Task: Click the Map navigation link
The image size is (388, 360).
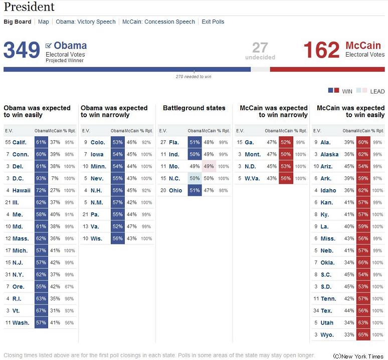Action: point(43,22)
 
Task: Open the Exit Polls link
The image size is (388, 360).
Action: point(213,22)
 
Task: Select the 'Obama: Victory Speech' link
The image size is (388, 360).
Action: point(86,22)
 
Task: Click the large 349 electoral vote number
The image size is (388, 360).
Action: point(22,50)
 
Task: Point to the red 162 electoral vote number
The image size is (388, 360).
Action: point(321,50)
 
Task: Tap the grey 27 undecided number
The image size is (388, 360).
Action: point(260,48)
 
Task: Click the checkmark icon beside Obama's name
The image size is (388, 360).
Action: point(49,46)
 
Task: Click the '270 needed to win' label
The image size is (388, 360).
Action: point(193,77)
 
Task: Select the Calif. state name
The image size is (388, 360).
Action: point(20,142)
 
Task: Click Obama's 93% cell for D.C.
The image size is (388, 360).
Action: point(41,178)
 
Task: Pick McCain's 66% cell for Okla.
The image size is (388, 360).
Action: point(363,262)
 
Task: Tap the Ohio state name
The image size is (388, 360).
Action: point(175,190)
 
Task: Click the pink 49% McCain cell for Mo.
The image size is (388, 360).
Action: point(209,166)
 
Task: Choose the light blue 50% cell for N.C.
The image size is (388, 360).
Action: point(195,178)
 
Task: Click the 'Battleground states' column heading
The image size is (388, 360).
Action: point(194,108)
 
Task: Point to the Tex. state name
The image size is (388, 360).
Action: point(326,310)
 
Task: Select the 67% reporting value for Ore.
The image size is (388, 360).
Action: point(69,286)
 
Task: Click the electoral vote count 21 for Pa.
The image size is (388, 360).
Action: point(85,214)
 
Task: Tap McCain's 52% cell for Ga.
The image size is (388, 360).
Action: point(286,142)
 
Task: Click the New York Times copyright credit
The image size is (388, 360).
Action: point(358,356)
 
